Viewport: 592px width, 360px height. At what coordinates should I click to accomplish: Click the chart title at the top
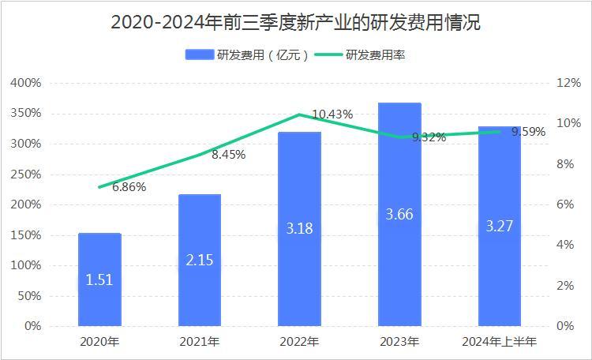coord(295,23)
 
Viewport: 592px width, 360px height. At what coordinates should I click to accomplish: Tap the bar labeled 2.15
coord(200,260)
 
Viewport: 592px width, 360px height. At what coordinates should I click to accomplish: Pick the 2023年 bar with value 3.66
coord(399,214)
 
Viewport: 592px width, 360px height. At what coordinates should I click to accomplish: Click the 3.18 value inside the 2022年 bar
coord(299,229)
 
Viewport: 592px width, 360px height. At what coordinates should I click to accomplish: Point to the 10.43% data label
coord(332,114)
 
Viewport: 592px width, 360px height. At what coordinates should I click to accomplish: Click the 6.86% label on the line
coord(129,187)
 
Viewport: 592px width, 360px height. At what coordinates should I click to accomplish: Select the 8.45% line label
coord(228,155)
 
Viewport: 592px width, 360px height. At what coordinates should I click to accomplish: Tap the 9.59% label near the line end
coord(528,132)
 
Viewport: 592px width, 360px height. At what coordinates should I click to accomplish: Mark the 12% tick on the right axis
coord(570,83)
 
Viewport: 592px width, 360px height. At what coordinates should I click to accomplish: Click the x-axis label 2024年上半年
coord(499,342)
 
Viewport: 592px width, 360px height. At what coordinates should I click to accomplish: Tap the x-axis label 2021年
coord(200,342)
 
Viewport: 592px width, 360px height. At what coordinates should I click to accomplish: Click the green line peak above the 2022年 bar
coord(299,114)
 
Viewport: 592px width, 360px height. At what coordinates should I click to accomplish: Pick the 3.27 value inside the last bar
coord(499,226)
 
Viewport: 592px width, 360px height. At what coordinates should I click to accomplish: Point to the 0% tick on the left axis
coord(32,326)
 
